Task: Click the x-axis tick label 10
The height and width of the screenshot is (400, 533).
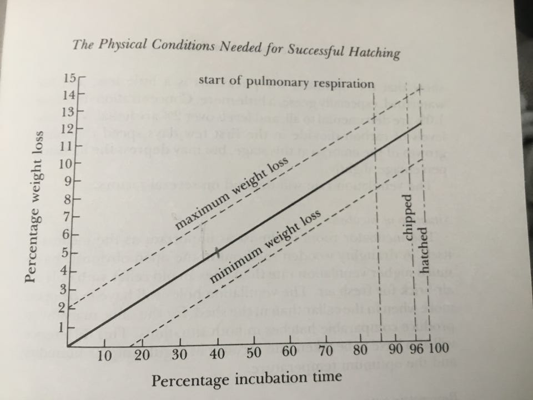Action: pos(104,356)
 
